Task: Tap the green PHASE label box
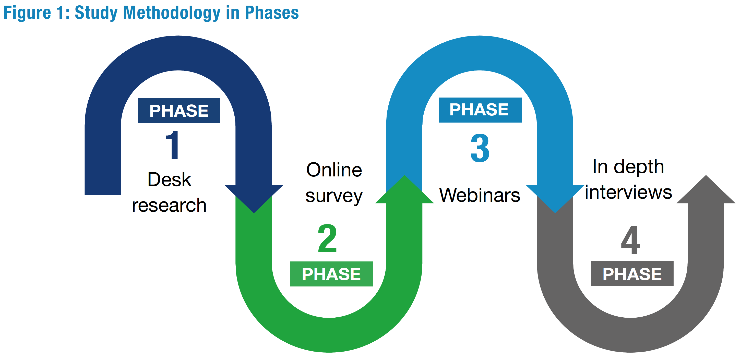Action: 331,274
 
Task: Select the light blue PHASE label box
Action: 480,110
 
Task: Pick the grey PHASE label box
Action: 632,273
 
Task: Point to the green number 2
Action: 327,238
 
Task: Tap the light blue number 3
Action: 480,148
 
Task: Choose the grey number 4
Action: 630,240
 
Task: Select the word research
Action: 169,205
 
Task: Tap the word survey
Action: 334,197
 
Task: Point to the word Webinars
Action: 480,195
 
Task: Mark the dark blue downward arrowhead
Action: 254,198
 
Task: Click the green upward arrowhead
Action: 404,189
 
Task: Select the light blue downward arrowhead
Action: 555,198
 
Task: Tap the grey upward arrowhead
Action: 706,189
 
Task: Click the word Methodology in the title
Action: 172,13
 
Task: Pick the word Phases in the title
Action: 272,13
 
